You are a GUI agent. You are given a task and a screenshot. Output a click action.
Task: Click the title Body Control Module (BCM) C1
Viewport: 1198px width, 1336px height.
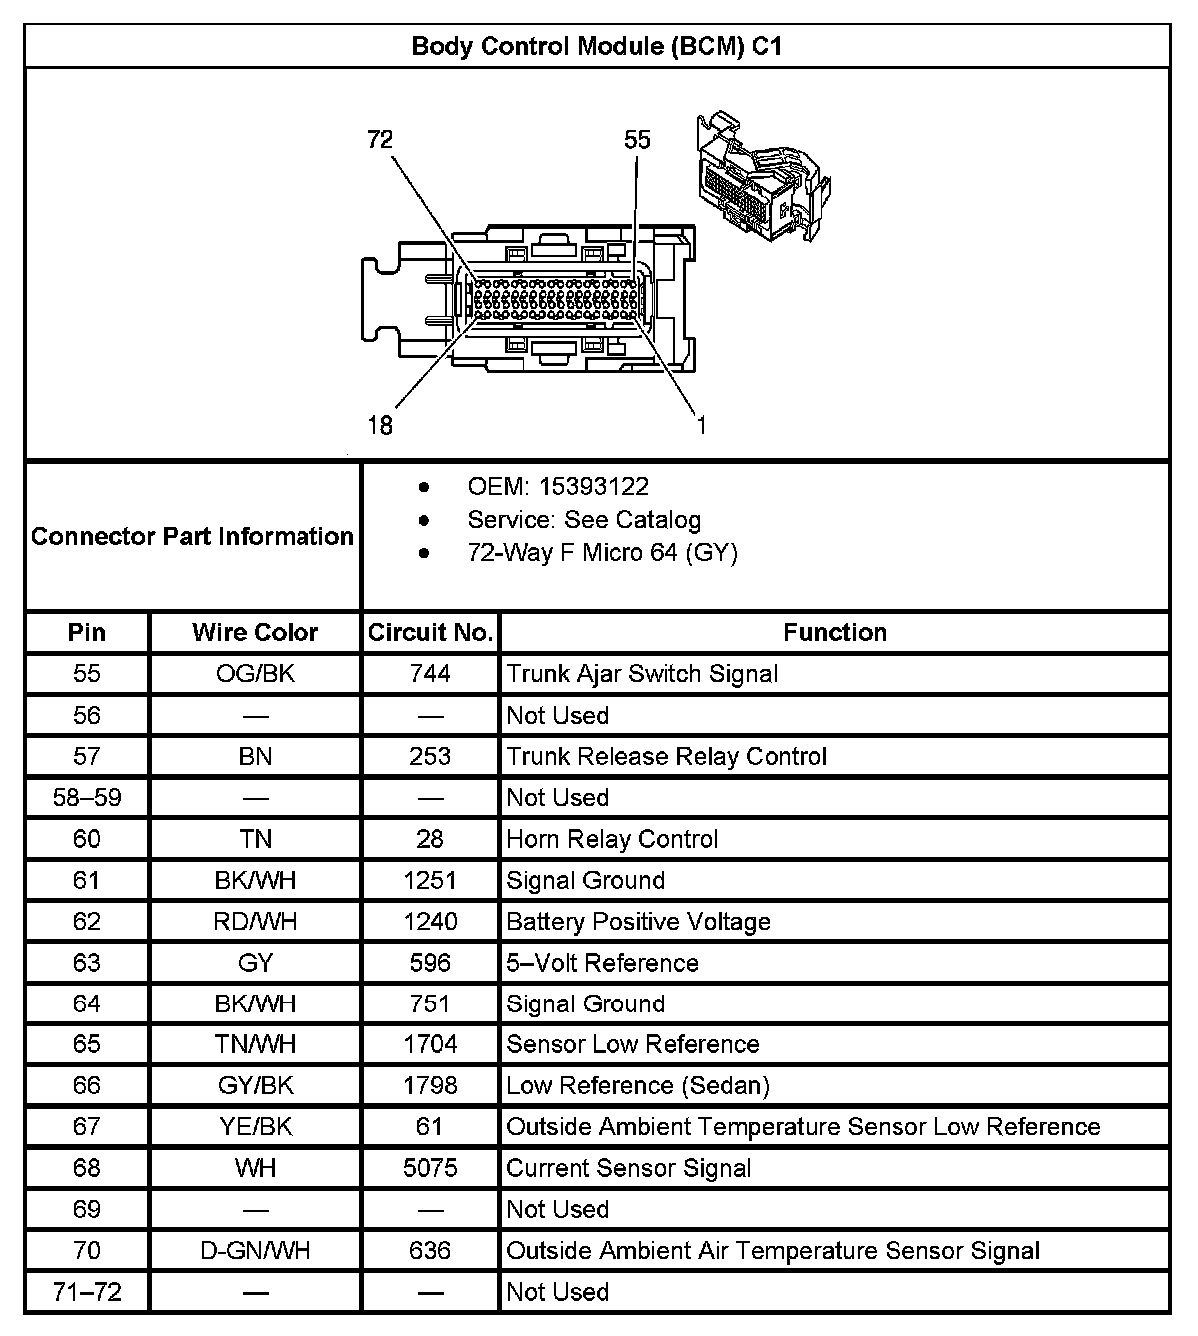[x=596, y=46]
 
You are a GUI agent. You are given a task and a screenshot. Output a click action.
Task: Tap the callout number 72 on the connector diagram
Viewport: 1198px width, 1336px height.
[x=380, y=140]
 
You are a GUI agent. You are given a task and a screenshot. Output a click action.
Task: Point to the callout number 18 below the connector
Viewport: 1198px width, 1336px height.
[x=380, y=426]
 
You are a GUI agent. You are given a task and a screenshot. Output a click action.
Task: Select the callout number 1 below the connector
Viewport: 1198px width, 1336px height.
[x=701, y=426]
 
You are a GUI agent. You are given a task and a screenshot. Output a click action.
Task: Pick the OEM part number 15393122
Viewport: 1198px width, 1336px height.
[x=593, y=487]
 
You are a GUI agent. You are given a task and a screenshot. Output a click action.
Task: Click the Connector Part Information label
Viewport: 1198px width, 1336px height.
[x=193, y=536]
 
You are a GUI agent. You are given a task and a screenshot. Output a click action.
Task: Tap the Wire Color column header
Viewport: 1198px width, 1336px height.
[x=255, y=632]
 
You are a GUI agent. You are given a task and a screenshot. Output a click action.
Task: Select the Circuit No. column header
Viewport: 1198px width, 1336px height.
[x=430, y=632]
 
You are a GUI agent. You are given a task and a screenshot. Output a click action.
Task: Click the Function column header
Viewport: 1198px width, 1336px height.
[x=834, y=632]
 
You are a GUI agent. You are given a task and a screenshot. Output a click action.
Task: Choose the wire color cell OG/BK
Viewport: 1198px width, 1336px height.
[x=255, y=674]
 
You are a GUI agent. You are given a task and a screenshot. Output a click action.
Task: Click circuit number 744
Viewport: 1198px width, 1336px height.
[x=430, y=674]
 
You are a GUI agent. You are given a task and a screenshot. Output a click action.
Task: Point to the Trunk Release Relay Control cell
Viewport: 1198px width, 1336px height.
[x=666, y=756]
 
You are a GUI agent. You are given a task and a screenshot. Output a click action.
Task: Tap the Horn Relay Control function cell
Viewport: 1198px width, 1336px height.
[x=612, y=839]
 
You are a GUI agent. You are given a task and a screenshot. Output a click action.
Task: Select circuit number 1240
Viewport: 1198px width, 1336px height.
[x=430, y=921]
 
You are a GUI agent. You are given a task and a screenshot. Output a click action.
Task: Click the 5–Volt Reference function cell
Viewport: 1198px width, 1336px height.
[x=602, y=963]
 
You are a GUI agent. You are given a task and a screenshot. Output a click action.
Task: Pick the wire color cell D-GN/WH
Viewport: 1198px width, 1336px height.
[x=255, y=1251]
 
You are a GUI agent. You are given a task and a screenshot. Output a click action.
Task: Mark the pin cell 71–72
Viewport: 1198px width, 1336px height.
[x=87, y=1292]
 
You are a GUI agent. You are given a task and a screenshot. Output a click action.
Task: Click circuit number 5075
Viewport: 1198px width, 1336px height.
[x=430, y=1168]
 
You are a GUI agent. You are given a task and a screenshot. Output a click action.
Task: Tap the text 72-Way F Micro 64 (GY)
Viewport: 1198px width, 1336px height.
[x=602, y=553]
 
